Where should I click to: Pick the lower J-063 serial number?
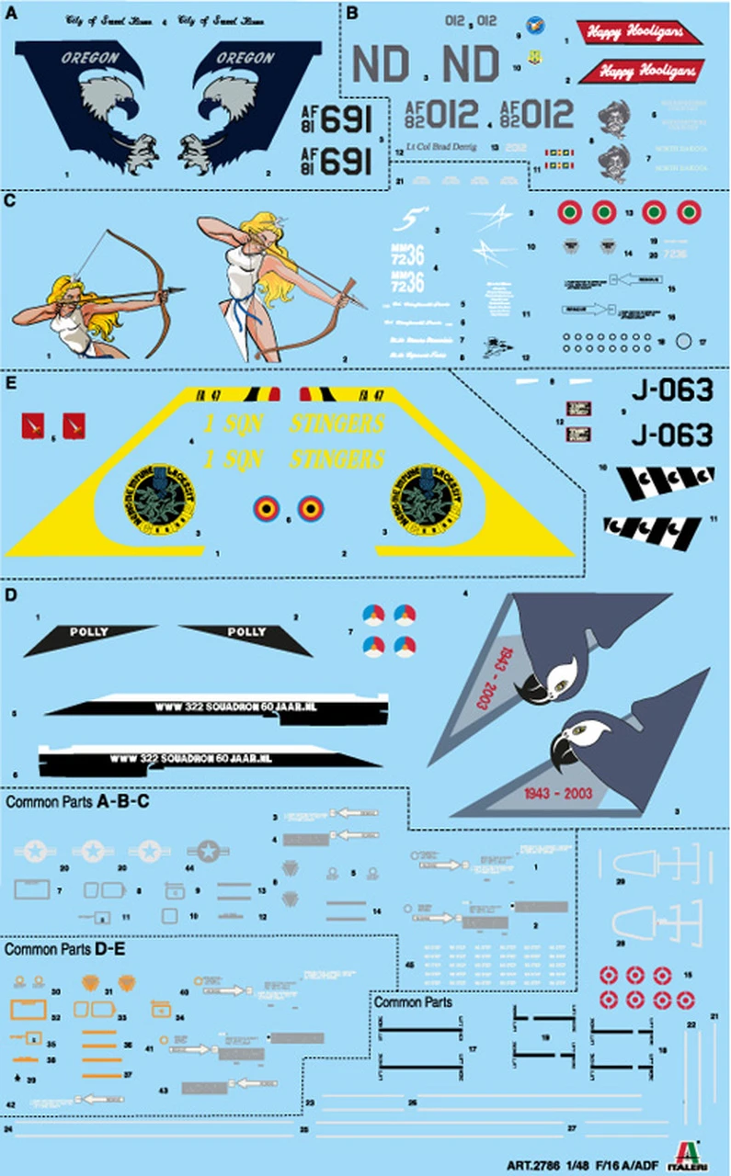673,434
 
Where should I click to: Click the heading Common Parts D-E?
66,946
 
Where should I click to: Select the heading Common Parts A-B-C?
78,802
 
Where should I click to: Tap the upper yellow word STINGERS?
337,424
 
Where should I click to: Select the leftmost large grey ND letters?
381,64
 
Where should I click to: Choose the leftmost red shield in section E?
32,424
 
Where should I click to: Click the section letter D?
9,595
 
